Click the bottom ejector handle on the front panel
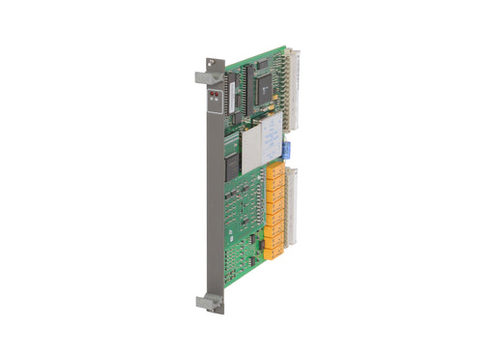[x=208, y=302]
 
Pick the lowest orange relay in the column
[x=274, y=254]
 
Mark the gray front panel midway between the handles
[x=215, y=194]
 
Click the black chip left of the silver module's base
[x=232, y=161]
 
